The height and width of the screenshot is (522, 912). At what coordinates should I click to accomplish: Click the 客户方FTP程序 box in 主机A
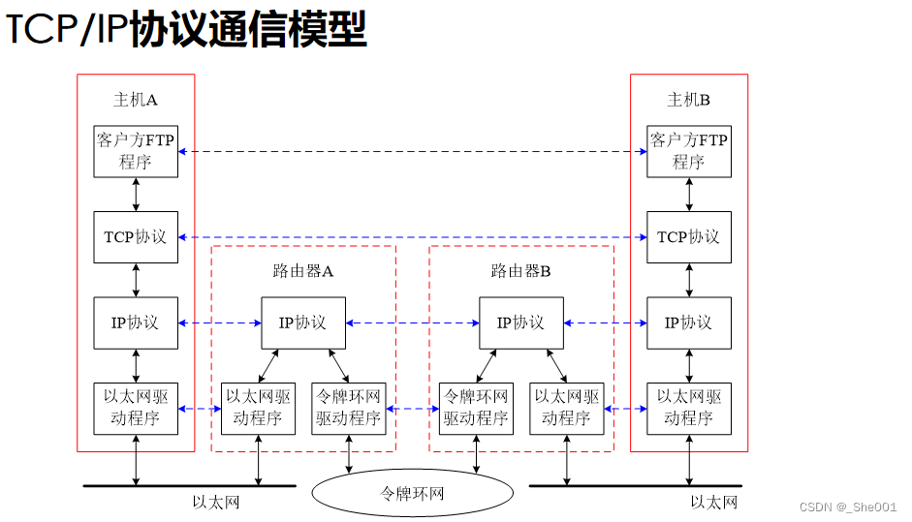coord(136,151)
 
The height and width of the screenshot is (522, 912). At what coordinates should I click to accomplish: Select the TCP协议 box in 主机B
coord(689,237)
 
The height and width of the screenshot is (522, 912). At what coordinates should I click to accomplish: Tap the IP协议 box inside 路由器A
coord(303,322)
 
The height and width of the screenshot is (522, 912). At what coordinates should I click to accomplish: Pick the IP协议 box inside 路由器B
coord(521,322)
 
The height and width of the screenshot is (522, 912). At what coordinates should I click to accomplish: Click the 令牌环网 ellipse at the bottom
coord(412,493)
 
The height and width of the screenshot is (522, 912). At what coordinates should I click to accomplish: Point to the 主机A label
coord(136,100)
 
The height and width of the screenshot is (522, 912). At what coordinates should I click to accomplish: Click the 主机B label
coord(689,100)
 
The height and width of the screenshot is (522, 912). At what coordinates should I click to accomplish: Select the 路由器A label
coord(303,271)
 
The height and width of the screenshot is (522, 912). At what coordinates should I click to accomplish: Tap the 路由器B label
coord(521,271)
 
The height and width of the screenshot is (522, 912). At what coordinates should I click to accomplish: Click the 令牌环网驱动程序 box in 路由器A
coord(349,408)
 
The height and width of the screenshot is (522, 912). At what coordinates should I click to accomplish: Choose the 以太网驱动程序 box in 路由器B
coord(567,408)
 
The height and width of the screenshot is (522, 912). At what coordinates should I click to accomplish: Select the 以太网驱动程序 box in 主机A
coord(136,408)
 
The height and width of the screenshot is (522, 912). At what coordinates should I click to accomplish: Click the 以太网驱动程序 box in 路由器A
coord(258,408)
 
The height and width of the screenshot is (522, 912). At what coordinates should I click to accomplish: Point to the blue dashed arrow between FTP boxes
coord(412,152)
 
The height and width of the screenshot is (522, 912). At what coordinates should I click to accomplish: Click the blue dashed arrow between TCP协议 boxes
coord(412,237)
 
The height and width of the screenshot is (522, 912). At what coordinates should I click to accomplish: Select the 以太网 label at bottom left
coord(216,502)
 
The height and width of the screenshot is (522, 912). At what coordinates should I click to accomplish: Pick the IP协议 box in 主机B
coord(689,322)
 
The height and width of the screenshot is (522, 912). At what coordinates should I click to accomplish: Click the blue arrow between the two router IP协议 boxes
coord(412,322)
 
